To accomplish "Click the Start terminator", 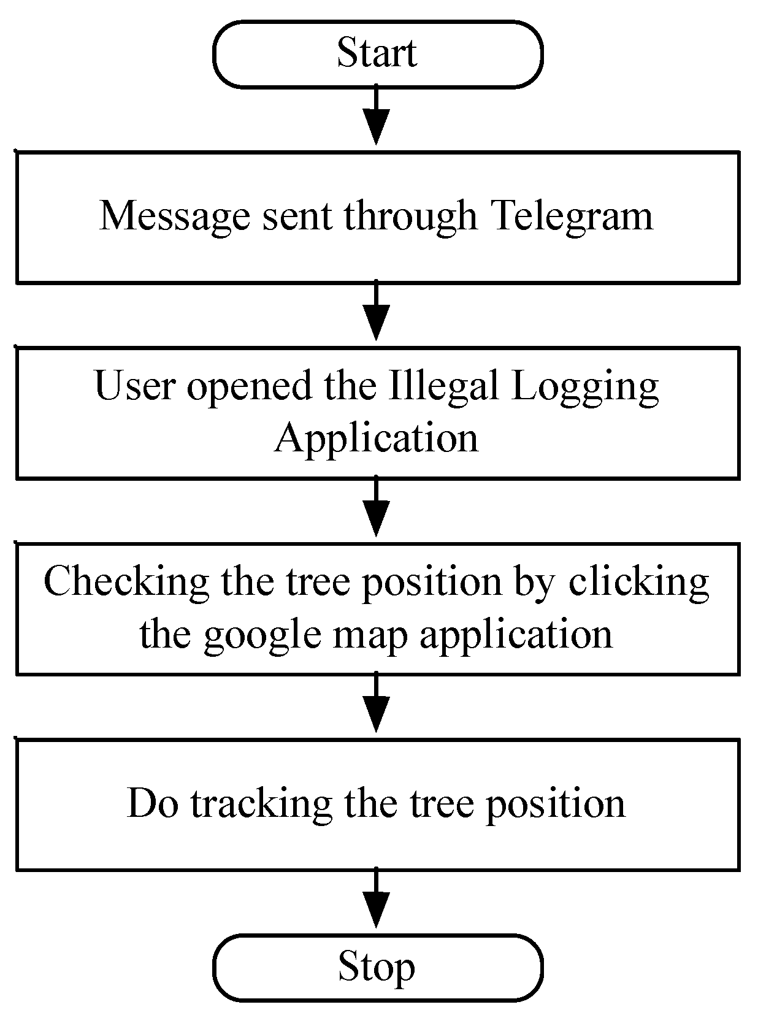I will coord(377,53).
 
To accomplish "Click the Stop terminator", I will coord(377,967).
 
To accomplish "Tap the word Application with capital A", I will coord(376,438).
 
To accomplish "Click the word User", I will coord(136,386).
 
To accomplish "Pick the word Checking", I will coord(126,581).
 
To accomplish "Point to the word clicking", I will coord(638,581).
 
